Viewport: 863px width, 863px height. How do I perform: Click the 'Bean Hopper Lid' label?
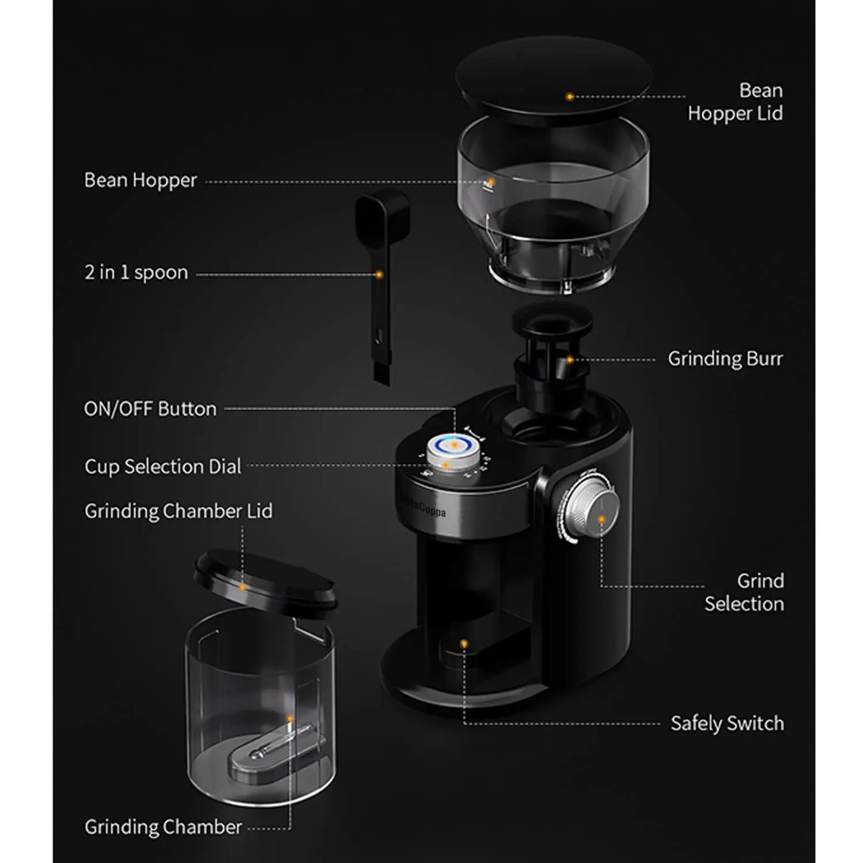point(735,102)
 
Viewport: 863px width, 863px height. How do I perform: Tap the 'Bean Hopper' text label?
point(140,181)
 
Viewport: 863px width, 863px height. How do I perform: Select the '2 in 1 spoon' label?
point(136,273)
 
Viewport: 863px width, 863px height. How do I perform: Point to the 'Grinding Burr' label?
point(725,359)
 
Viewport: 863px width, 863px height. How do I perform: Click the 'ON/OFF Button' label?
point(150,409)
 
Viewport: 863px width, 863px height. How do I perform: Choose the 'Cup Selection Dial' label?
point(163,467)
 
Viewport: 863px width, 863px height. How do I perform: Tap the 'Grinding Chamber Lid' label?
point(178,511)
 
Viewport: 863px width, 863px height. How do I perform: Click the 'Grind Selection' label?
point(744,593)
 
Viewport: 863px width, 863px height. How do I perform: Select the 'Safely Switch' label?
point(727,723)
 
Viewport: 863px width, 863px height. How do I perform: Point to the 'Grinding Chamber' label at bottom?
point(163,827)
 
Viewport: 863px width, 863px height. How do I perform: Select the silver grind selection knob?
point(589,509)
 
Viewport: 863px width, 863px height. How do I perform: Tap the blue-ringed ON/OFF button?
point(454,445)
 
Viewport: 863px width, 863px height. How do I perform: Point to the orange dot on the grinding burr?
point(570,360)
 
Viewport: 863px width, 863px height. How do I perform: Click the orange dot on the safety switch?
point(464,644)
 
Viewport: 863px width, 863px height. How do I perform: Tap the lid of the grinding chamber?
point(265,578)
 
